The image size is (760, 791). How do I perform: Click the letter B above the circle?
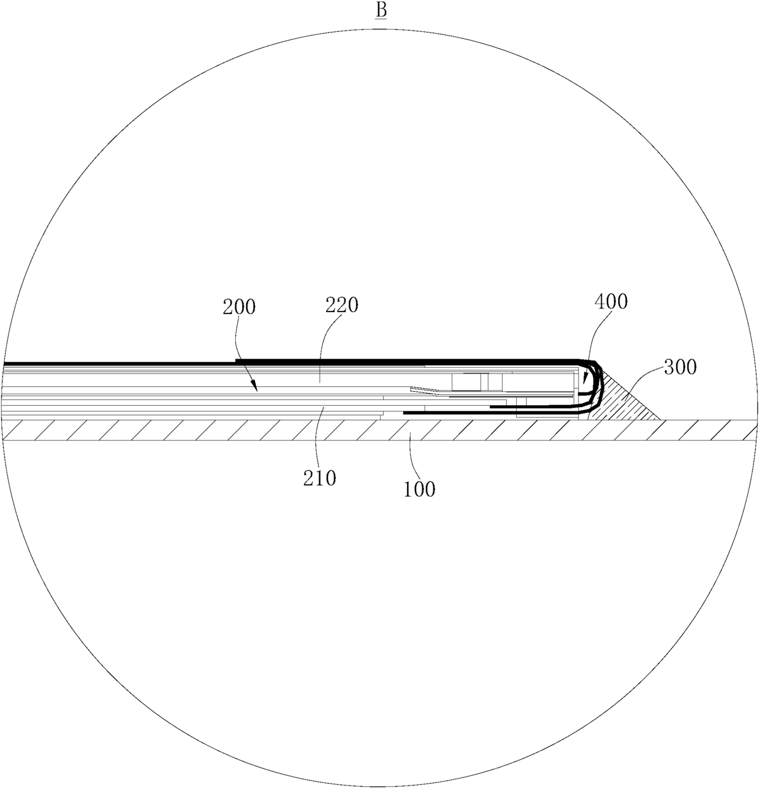[x=381, y=10]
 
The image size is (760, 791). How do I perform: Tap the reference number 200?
[x=239, y=307]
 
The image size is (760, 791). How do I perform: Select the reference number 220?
[x=341, y=305]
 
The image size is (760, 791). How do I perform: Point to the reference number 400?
[x=611, y=301]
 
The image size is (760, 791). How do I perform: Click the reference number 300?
[x=680, y=367]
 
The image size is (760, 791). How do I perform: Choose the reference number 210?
[x=320, y=478]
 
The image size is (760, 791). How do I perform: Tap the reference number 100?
[x=419, y=489]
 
